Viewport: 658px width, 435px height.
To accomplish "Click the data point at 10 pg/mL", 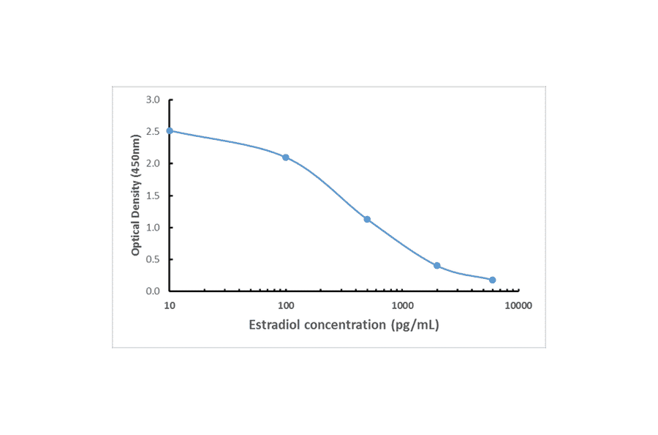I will [170, 131].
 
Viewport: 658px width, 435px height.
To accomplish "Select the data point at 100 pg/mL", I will [286, 157].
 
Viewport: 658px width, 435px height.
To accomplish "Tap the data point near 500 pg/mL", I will [367, 219].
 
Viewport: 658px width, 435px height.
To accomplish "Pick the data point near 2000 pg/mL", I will [437, 265].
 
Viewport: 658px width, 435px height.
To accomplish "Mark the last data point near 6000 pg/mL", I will [493, 280].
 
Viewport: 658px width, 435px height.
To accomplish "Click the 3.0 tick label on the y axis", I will [152, 100].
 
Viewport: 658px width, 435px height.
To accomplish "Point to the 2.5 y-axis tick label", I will [152, 131].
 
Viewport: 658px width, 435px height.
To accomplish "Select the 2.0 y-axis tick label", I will [152, 163].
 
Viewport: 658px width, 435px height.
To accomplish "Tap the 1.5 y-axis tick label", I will [152, 196].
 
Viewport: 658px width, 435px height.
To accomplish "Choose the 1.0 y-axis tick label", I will [152, 227].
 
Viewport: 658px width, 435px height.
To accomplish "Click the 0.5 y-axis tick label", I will [152, 259].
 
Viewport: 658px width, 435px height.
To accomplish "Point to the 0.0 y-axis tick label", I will [152, 291].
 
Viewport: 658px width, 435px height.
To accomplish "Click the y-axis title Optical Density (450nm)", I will [136, 195].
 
